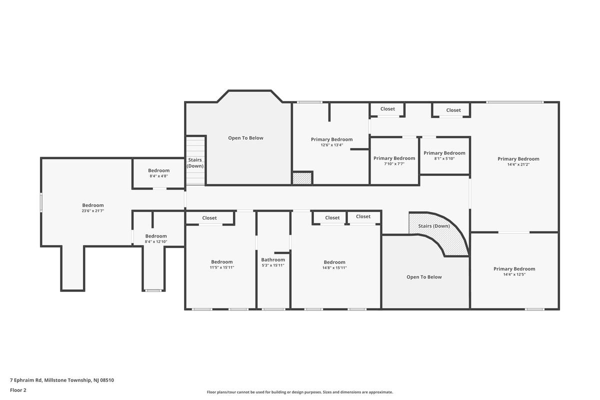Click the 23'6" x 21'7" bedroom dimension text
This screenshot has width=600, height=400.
click(x=93, y=211)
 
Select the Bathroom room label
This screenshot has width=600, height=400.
click(x=273, y=259)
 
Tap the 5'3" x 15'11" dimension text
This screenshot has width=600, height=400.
click(x=273, y=265)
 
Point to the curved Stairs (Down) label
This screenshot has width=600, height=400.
click(x=434, y=226)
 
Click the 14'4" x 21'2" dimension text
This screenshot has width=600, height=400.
click(x=518, y=164)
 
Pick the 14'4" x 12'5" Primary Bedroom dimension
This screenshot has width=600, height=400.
click(x=514, y=274)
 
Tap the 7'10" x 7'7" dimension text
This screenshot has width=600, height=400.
click(x=394, y=163)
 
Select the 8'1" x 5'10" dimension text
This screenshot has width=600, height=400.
click(x=444, y=158)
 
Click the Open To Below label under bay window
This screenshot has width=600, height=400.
click(x=245, y=138)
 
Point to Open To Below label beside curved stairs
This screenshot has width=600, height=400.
click(x=424, y=277)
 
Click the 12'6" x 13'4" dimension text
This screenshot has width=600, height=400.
click(x=332, y=145)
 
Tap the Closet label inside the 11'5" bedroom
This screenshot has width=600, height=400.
click(x=209, y=218)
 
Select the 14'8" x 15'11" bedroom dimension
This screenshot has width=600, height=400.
click(x=334, y=267)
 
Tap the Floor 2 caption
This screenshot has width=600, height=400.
click(x=18, y=390)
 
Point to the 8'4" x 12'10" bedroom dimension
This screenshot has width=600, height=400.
click(x=156, y=241)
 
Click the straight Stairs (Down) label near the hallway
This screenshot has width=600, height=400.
click(x=195, y=163)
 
